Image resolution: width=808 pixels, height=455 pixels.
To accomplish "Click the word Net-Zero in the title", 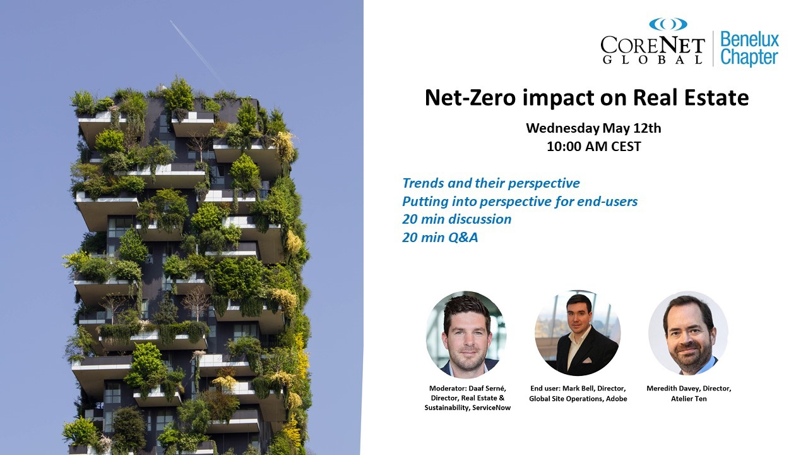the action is [x=470, y=98].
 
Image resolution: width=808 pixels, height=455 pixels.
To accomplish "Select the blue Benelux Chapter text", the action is [x=749, y=49].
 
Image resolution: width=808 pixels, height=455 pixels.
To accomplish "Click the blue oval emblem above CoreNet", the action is [x=668, y=24].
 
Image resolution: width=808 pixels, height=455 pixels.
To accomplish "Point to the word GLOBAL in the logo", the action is [x=653, y=59].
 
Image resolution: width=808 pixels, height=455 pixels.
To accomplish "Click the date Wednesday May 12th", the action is [x=593, y=128].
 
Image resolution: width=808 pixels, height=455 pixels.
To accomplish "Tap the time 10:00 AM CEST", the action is [x=594, y=146].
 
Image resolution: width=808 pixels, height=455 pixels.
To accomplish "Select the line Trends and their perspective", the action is [x=491, y=183].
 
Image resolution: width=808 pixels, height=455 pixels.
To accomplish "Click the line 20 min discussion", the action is [x=456, y=219].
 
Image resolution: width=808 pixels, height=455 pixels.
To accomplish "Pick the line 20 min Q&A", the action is [x=440, y=237].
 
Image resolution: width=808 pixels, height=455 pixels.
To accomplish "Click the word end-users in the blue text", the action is [x=607, y=201].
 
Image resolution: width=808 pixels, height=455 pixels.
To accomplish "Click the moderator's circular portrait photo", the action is [x=466, y=335].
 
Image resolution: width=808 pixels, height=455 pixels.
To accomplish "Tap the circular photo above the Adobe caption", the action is [x=578, y=333].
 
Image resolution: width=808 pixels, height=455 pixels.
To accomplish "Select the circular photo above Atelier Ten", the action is [x=688, y=333].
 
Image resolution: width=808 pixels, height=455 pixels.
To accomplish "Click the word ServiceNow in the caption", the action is [x=491, y=408].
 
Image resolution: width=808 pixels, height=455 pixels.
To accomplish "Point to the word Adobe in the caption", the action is [x=617, y=399].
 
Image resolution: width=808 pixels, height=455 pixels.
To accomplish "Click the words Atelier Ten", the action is [x=689, y=399].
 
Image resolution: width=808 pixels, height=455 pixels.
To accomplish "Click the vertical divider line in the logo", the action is [x=713, y=49].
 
